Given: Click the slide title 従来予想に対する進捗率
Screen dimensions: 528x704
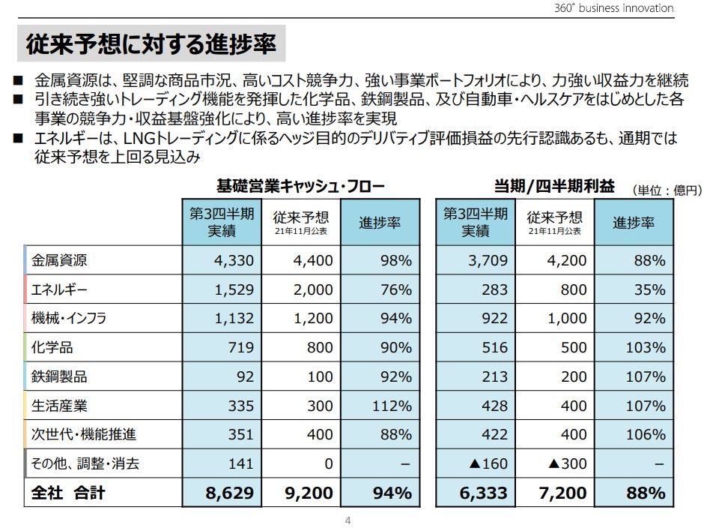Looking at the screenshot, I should (151, 44).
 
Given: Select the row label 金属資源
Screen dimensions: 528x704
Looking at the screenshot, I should (59, 260).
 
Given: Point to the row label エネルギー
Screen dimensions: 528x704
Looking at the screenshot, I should (59, 289).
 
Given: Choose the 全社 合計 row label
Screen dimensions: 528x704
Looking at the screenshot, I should (67, 493).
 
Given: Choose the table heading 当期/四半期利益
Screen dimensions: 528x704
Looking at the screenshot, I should (553, 186).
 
